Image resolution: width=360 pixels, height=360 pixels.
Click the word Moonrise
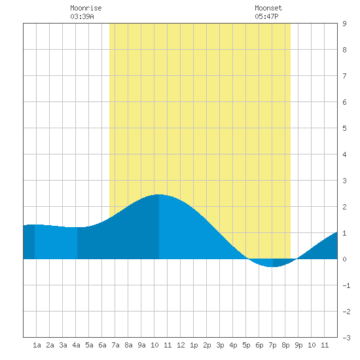coord(86,8)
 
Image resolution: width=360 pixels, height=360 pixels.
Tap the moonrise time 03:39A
coord(82,16)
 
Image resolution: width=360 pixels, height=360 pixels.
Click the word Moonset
coord(268,8)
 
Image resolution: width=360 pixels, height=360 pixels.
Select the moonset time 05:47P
coord(266,16)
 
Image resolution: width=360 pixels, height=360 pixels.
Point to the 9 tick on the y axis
coord(344,24)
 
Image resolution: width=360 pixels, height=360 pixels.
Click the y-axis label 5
coord(344,128)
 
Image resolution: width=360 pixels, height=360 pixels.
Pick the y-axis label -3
coord(346,338)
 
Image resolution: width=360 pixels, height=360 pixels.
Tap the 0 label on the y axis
coord(344,259)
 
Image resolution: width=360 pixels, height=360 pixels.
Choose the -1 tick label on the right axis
coord(346,285)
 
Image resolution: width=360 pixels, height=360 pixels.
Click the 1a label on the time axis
coord(37,345)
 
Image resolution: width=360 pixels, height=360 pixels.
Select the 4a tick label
coord(76,345)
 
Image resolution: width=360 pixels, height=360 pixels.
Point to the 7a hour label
coord(115,345)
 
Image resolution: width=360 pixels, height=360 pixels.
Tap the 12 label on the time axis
coord(181,345)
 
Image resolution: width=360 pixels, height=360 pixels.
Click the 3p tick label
coord(220,345)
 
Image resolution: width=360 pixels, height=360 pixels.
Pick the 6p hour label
coord(259,345)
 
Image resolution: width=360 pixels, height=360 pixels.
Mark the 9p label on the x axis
coord(298,345)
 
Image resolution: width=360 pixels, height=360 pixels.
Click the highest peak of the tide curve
coord(159,194)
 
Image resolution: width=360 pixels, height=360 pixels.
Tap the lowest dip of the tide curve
coord(272,267)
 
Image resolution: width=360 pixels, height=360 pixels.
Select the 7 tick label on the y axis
coord(344,76)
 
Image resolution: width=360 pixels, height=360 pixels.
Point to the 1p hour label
coord(194,345)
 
